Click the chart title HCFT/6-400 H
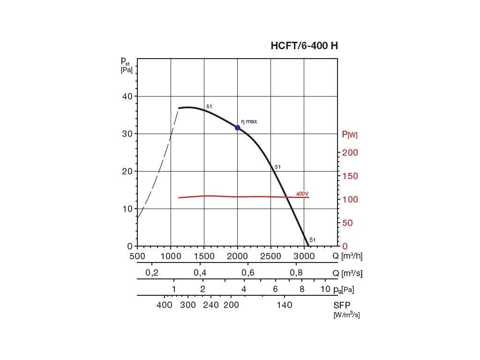pyautogui.click(x=304, y=46)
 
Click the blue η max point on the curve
pyautogui.click(x=238, y=127)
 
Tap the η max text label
pyautogui.click(x=249, y=121)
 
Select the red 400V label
pyautogui.click(x=302, y=194)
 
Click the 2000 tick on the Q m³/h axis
pyautogui.click(x=238, y=256)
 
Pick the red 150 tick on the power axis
pyautogui.click(x=349, y=176)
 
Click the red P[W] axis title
pyautogui.click(x=350, y=135)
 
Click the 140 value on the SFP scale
pyautogui.click(x=285, y=305)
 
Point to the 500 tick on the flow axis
pyautogui.click(x=137, y=256)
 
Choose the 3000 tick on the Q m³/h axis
pyautogui.click(x=304, y=256)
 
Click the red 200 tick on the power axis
pyautogui.click(x=349, y=153)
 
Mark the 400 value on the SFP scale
pyautogui.click(x=165, y=305)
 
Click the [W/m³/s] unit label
pyautogui.click(x=346, y=315)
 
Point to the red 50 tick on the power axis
pyautogui.click(x=347, y=223)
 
